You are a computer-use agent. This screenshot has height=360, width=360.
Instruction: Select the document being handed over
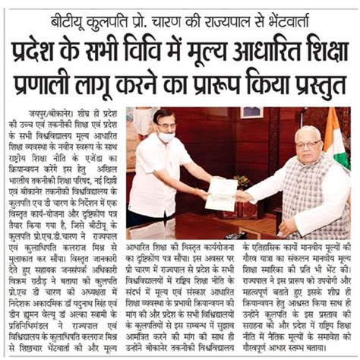pos(221,194)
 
